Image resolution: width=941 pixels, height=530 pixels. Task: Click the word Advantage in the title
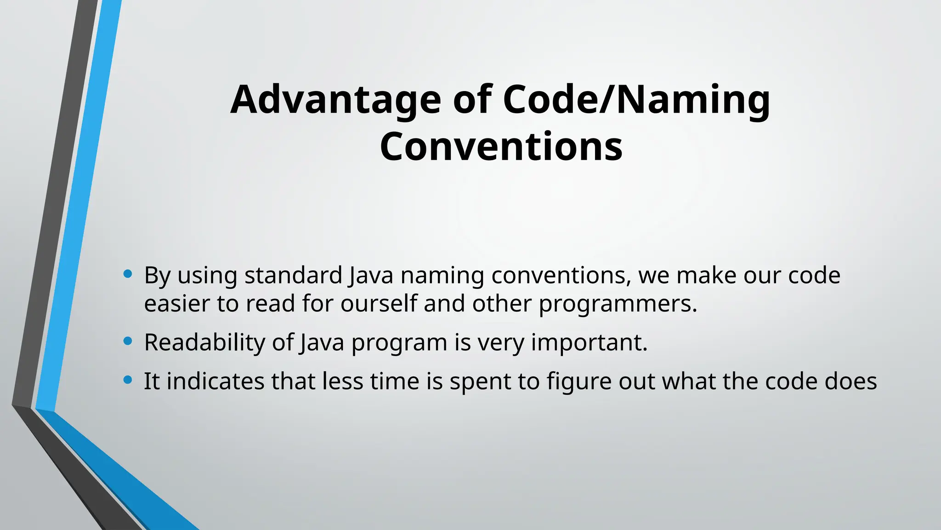pyautogui.click(x=335, y=100)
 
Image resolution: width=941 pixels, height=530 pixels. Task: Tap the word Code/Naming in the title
pyautogui.click(x=636, y=100)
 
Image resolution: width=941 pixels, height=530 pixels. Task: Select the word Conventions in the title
pyautogui.click(x=501, y=147)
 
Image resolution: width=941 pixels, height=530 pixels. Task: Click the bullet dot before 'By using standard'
pyautogui.click(x=128, y=275)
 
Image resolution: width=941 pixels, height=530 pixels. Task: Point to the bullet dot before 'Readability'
pyautogui.click(x=128, y=341)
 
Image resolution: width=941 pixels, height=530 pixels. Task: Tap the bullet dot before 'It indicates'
pyautogui.click(x=128, y=380)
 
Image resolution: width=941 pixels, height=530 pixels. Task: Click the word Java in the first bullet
pyautogui.click(x=371, y=276)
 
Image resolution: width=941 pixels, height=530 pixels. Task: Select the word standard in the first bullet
pyautogui.click(x=293, y=276)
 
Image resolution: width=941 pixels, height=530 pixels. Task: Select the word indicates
pyautogui.click(x=215, y=381)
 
